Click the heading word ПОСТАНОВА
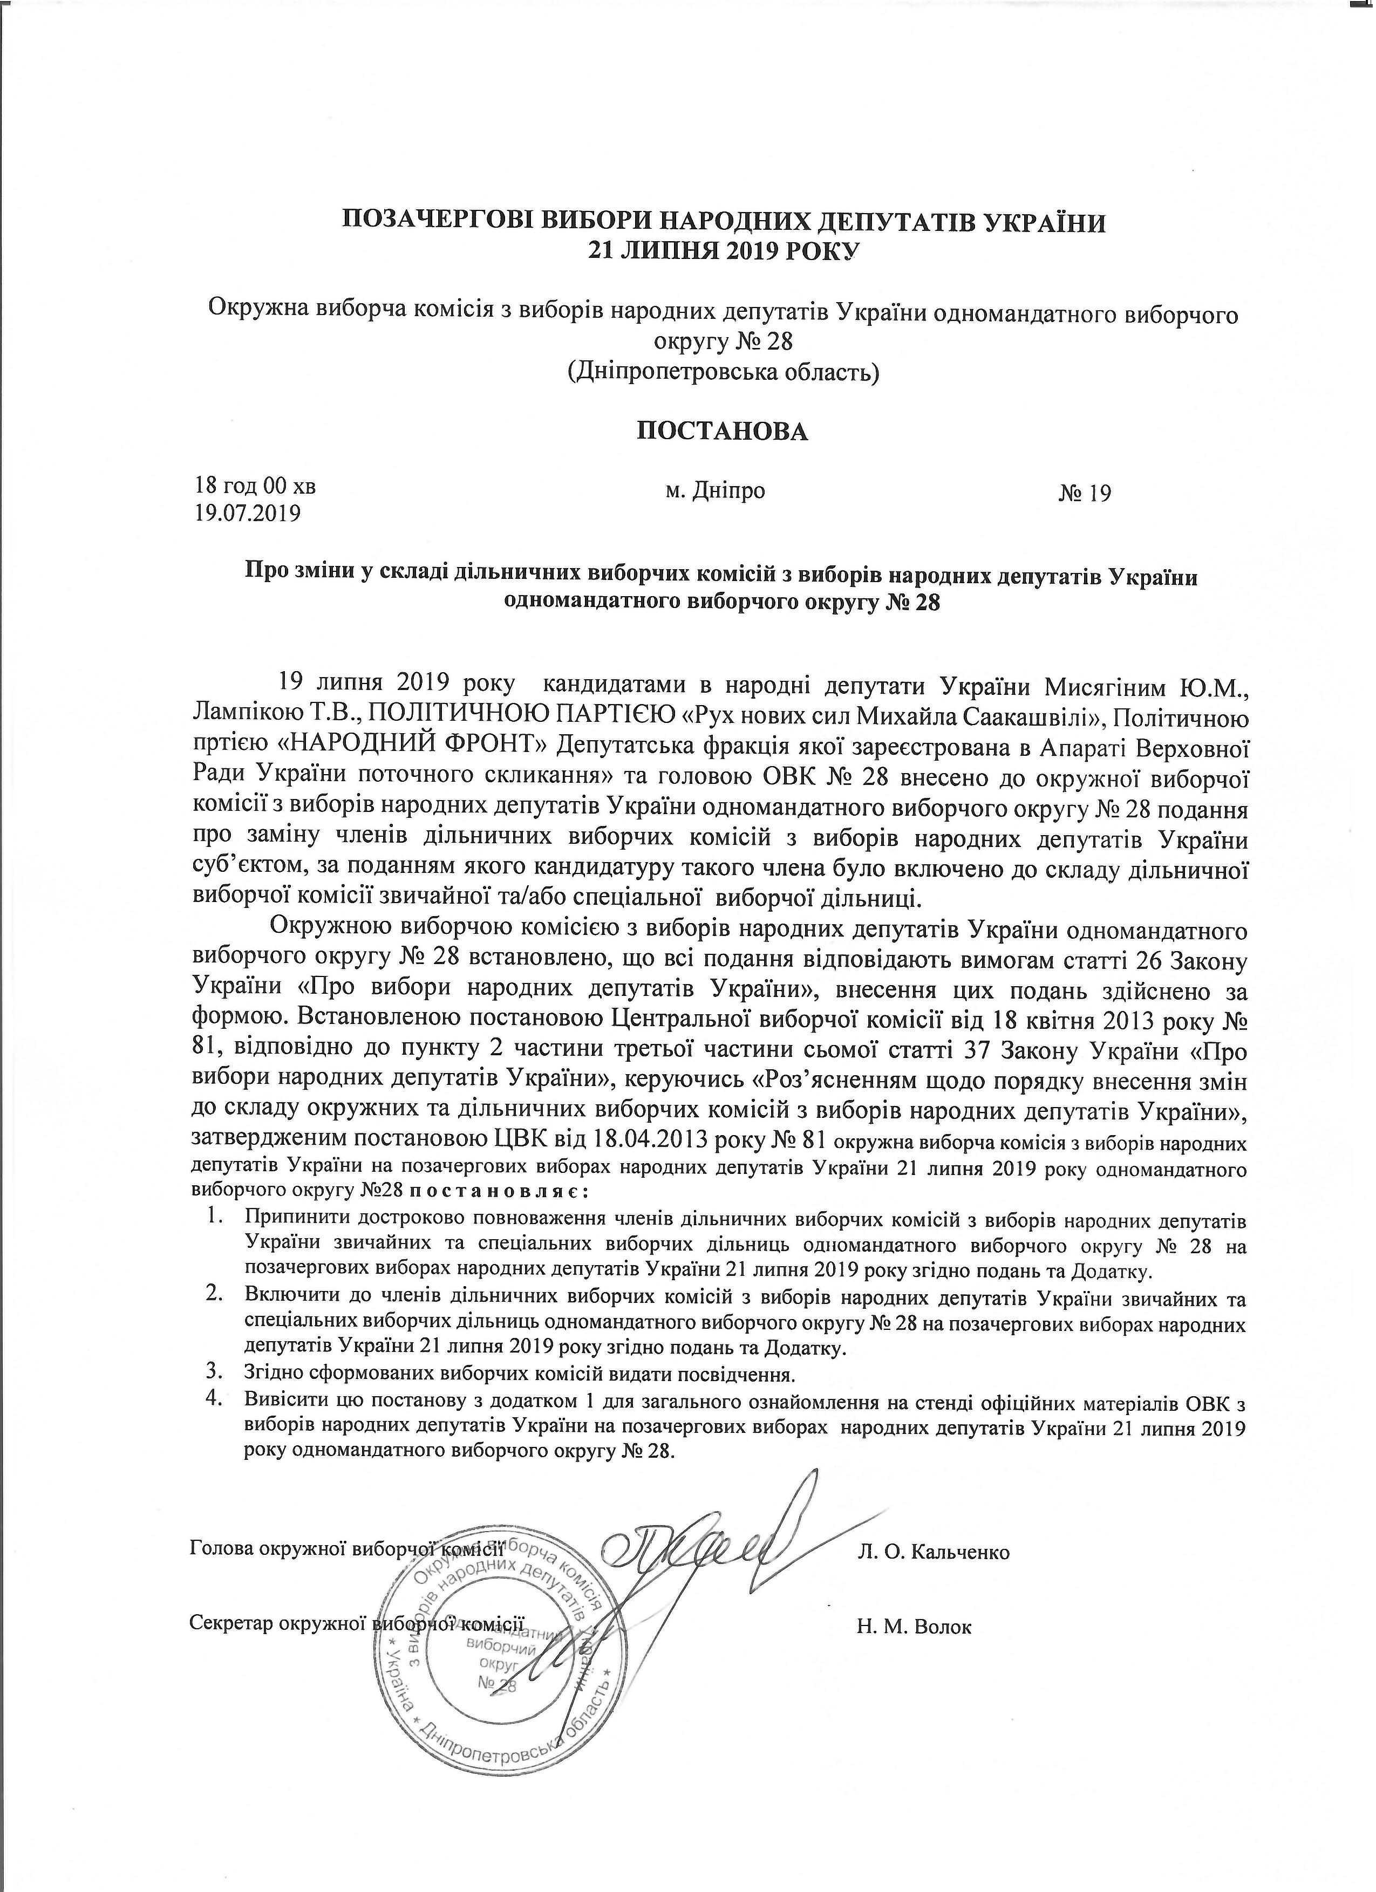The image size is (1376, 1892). coord(723,431)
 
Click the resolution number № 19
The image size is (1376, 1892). coord(1085,494)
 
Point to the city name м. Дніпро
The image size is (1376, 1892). coord(715,490)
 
